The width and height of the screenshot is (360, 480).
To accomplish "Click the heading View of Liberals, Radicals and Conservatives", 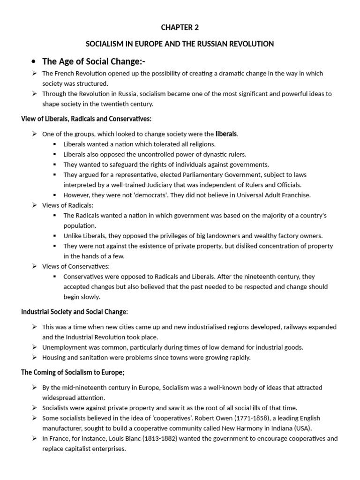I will click(86, 118).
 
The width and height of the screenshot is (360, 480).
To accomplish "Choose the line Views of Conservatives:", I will click(76, 266).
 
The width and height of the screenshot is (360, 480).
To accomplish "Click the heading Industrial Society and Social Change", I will click(75, 312).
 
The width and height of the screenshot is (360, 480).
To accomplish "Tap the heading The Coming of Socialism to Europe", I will click(73, 372).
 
